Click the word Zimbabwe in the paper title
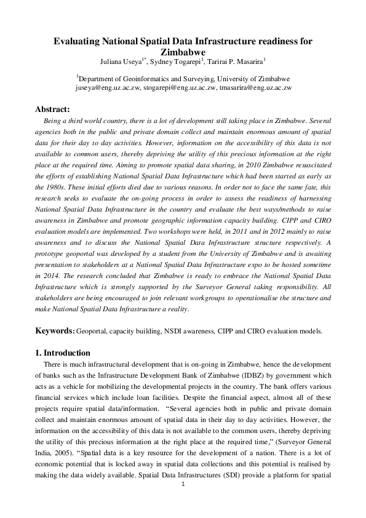click(183, 52)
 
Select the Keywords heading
click(55, 330)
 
